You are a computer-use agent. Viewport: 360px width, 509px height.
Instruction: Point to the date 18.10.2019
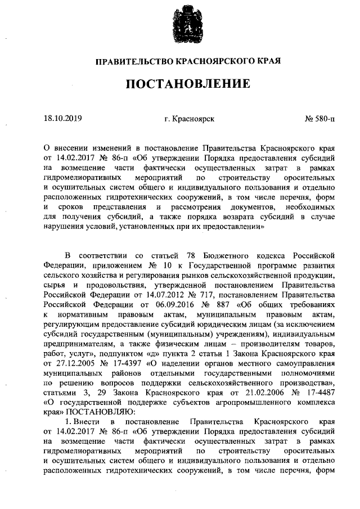click(x=62, y=119)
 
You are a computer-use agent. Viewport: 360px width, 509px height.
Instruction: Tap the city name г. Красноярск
click(x=190, y=119)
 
